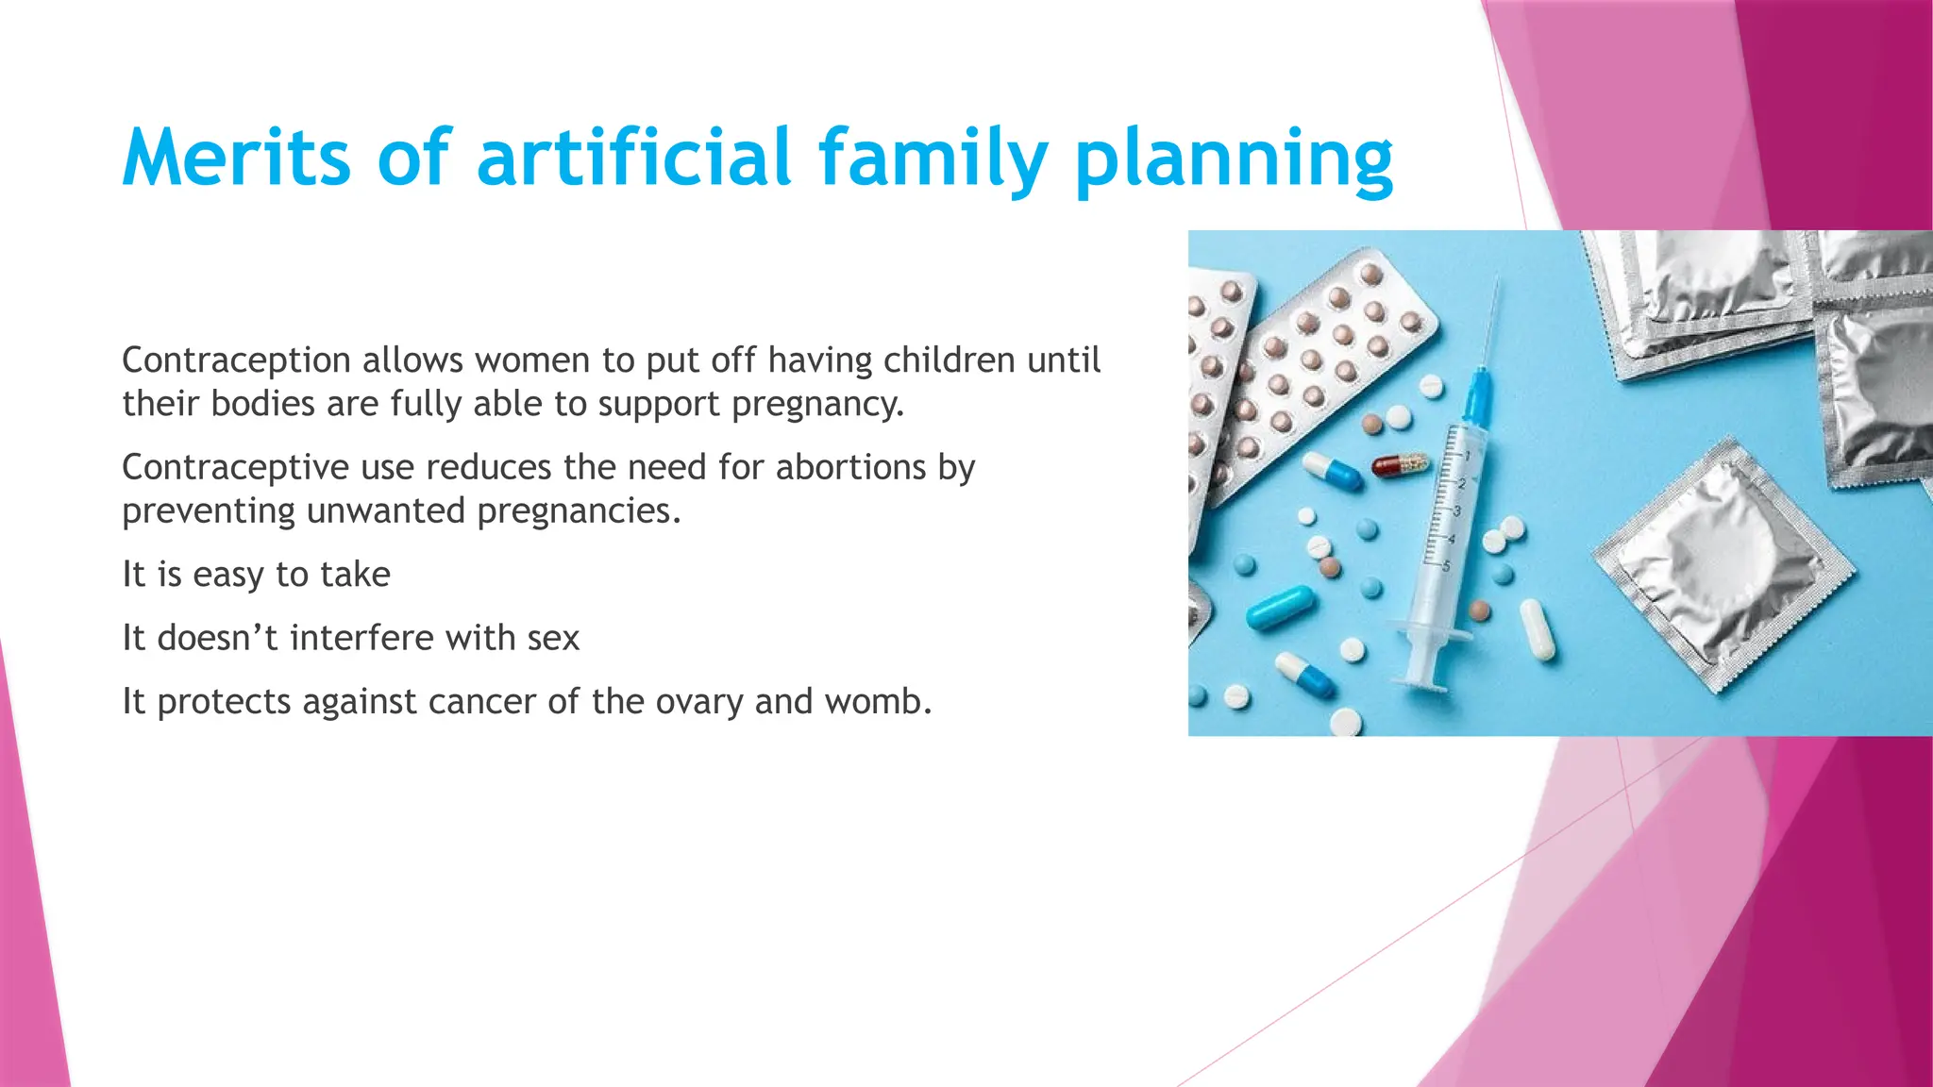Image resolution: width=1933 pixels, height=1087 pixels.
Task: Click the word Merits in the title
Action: point(236,158)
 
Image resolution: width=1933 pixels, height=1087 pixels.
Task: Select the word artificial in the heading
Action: point(633,158)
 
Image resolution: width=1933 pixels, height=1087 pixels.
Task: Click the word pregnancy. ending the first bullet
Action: point(817,405)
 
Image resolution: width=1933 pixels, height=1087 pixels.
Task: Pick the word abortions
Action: point(851,467)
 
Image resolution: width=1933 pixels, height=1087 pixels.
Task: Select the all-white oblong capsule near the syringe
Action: point(1537,630)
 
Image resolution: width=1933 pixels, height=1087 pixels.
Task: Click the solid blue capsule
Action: point(1279,607)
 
